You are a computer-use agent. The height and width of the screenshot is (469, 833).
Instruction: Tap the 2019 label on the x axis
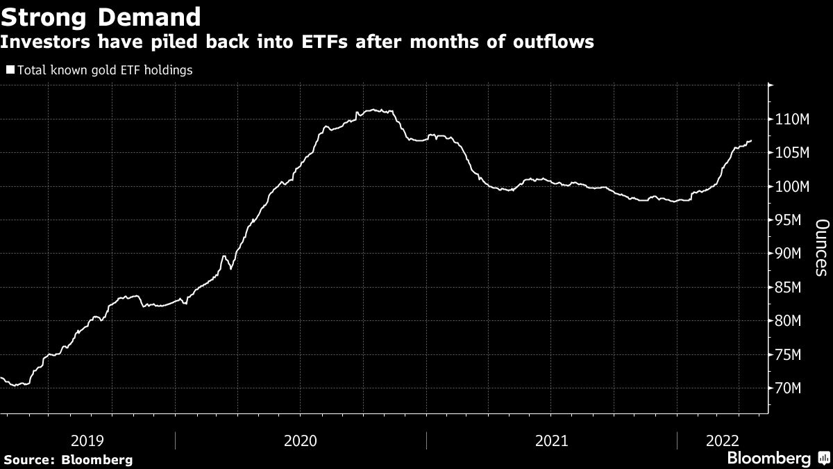coord(87,441)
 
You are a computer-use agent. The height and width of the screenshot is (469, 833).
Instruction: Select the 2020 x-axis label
coord(301,441)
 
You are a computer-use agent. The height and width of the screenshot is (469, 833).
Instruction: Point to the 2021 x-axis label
coord(552,441)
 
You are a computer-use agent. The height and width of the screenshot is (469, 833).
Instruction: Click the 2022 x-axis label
coord(723,441)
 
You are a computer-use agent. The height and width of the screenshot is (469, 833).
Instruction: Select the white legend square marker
coord(9,69)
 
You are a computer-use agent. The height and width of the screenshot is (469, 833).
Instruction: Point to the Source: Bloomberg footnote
coord(68,459)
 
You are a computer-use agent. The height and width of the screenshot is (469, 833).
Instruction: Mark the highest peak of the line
coord(373,109)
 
